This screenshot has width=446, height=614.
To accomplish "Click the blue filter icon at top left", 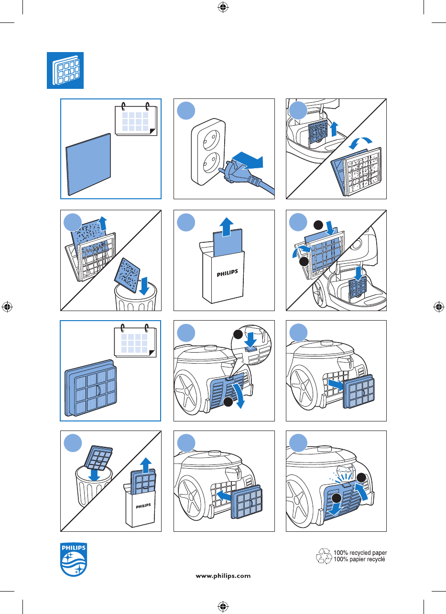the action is pyautogui.click(x=65, y=70).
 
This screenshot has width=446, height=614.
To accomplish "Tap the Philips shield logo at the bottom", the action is pyautogui.click(x=74, y=559).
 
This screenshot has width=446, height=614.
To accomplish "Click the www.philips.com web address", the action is pyautogui.click(x=223, y=576).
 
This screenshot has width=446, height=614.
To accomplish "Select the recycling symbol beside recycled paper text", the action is pyautogui.click(x=324, y=556).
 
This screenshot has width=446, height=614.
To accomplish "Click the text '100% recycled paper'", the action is pyautogui.click(x=360, y=552).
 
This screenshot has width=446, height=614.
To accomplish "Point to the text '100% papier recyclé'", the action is pyautogui.click(x=359, y=560).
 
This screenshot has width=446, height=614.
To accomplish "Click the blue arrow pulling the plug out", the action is pyautogui.click(x=248, y=161).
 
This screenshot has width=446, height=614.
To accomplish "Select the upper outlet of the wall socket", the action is pyautogui.click(x=211, y=140).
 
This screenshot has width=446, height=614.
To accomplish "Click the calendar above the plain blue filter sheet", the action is pyautogui.click(x=136, y=119).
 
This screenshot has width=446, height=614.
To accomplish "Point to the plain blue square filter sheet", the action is pyautogui.click(x=88, y=164).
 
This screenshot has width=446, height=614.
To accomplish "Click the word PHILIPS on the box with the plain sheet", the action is pyautogui.click(x=228, y=273).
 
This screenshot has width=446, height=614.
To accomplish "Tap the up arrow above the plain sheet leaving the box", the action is pyautogui.click(x=226, y=226).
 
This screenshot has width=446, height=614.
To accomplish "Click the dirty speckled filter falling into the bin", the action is pyautogui.click(x=127, y=275).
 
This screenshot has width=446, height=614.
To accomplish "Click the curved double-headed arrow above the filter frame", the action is pyautogui.click(x=360, y=143).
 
